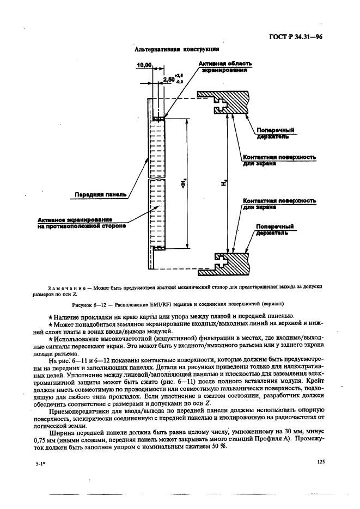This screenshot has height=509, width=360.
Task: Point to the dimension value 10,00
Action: point(144,65)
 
